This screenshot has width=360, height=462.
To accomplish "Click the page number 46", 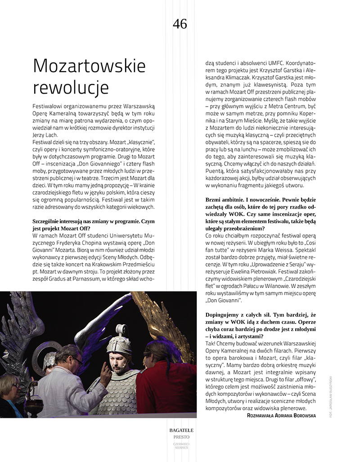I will click(180, 24).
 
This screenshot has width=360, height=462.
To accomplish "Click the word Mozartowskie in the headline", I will click(89, 66).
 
